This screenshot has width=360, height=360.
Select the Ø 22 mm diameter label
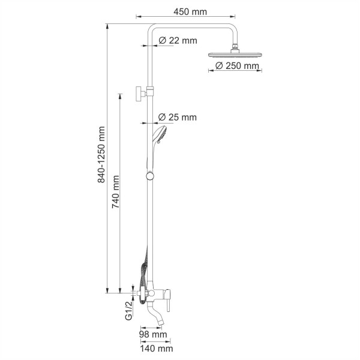178,41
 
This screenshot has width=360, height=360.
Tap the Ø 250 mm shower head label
236,65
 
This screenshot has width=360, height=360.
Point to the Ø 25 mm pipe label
178,118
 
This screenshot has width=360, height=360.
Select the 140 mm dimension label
157,348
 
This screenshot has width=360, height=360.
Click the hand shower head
160,133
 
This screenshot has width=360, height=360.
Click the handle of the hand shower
151,154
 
